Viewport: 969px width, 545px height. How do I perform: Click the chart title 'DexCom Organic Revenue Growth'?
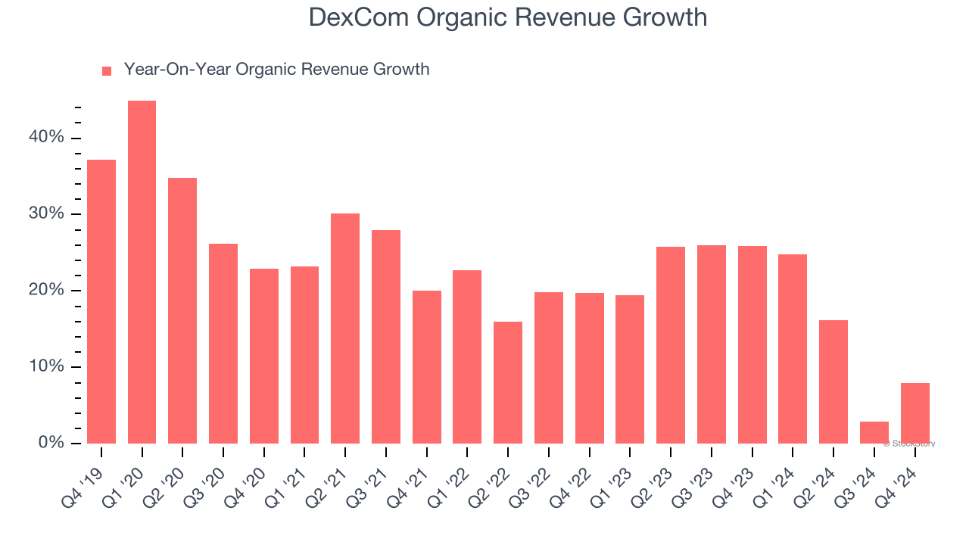point(507,17)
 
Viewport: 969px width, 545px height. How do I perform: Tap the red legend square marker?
point(107,70)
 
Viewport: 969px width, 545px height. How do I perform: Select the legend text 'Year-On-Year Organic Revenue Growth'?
point(276,70)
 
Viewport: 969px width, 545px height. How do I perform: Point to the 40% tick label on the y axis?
point(47,138)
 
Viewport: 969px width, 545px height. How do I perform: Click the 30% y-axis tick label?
point(47,214)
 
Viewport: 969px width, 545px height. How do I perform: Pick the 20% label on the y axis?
point(47,291)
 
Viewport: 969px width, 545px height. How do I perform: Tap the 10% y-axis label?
point(47,367)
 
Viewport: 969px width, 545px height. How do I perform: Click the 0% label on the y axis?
point(51,443)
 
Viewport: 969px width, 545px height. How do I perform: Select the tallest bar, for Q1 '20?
point(142,272)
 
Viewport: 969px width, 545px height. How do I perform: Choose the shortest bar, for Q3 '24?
point(874,433)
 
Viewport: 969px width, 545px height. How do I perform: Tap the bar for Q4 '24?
point(914,413)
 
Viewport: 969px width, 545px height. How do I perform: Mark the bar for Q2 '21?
point(345,329)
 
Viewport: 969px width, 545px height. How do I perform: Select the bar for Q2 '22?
point(507,382)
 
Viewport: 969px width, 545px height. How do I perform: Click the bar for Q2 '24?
point(833,381)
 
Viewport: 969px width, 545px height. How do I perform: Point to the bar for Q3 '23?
point(712,344)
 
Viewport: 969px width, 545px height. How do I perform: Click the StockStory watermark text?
point(909,444)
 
